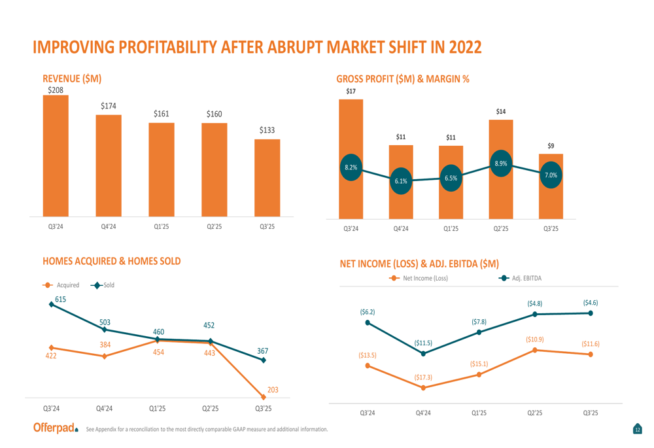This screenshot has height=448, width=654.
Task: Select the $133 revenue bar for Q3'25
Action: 267,177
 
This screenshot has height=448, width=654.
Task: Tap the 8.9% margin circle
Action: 501,164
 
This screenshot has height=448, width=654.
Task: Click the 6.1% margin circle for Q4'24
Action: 401,181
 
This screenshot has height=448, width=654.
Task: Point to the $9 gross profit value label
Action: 551,146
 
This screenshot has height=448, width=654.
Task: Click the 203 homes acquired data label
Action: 273,390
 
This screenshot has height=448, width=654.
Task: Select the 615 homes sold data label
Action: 60,299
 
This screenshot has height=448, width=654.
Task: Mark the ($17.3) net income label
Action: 423,377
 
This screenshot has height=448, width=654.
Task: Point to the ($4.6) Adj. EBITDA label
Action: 591,303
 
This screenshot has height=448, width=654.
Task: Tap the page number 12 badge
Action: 638,429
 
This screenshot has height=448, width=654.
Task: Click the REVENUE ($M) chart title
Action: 72,78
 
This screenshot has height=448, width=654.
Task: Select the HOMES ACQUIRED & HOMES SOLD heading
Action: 111,261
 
